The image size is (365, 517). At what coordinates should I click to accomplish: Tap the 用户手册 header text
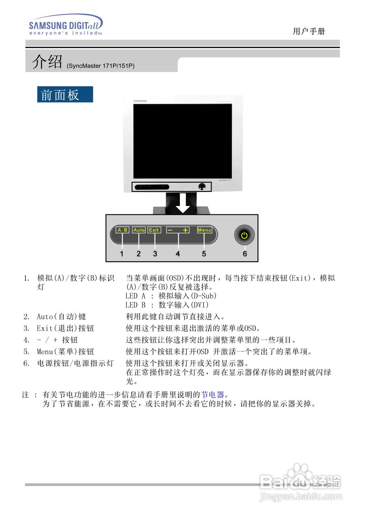click(309, 32)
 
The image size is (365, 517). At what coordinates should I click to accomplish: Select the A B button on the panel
click(122, 230)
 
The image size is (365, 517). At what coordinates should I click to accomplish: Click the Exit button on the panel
click(154, 230)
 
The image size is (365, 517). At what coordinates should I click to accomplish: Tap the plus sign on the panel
click(185, 230)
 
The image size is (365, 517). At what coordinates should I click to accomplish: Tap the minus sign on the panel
click(170, 230)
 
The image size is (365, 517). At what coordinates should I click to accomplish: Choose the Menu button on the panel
click(204, 230)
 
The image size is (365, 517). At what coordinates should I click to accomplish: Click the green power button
click(244, 235)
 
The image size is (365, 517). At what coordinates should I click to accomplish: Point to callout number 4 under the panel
click(178, 254)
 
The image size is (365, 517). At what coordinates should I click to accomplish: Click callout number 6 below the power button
click(245, 254)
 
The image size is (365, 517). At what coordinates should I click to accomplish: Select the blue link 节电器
click(212, 394)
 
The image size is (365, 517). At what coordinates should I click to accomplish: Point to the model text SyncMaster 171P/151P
click(101, 65)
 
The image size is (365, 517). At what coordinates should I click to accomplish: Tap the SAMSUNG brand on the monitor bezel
click(141, 101)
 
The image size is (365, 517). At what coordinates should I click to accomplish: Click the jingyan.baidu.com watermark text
click(301, 496)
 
